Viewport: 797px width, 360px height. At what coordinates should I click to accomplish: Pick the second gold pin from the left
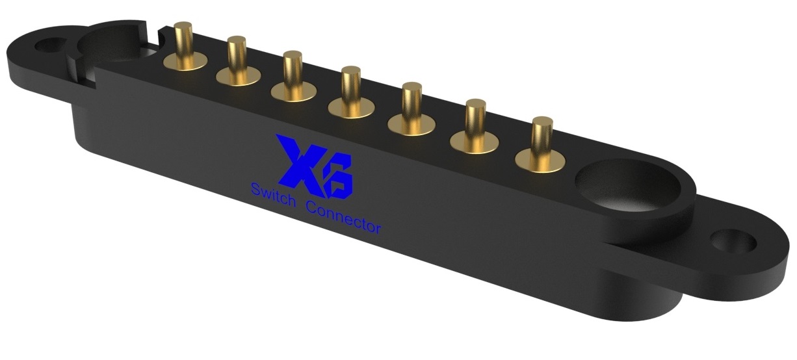[236, 55]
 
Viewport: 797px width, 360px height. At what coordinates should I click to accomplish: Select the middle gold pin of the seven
[351, 84]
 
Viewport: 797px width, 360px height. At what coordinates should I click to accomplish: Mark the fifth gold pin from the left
[411, 101]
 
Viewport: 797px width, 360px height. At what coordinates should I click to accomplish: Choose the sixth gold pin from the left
[475, 118]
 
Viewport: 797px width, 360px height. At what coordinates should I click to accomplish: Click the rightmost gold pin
[542, 135]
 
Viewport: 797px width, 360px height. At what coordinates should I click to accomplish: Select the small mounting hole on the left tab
[49, 46]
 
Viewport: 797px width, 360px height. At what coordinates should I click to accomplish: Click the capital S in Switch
[254, 190]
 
